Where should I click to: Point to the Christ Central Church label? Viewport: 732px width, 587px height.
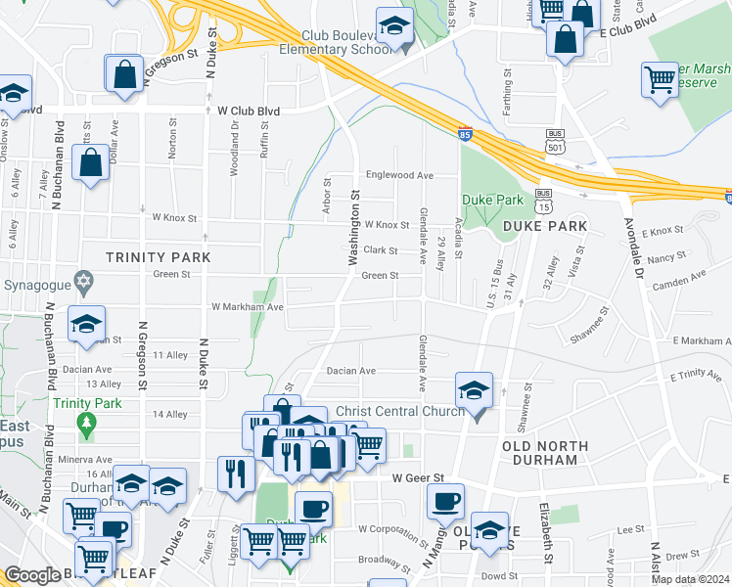click(399, 410)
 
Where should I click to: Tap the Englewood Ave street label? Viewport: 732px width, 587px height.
click(399, 175)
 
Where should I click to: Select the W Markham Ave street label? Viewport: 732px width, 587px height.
click(249, 306)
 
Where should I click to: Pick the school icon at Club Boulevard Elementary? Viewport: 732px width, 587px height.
click(394, 26)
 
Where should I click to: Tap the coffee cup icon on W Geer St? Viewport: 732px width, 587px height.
click(444, 501)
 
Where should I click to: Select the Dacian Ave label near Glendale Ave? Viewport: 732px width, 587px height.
click(351, 371)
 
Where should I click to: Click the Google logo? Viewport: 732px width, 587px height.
click(32, 575)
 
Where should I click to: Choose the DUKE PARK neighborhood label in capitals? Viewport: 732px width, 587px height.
click(545, 226)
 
